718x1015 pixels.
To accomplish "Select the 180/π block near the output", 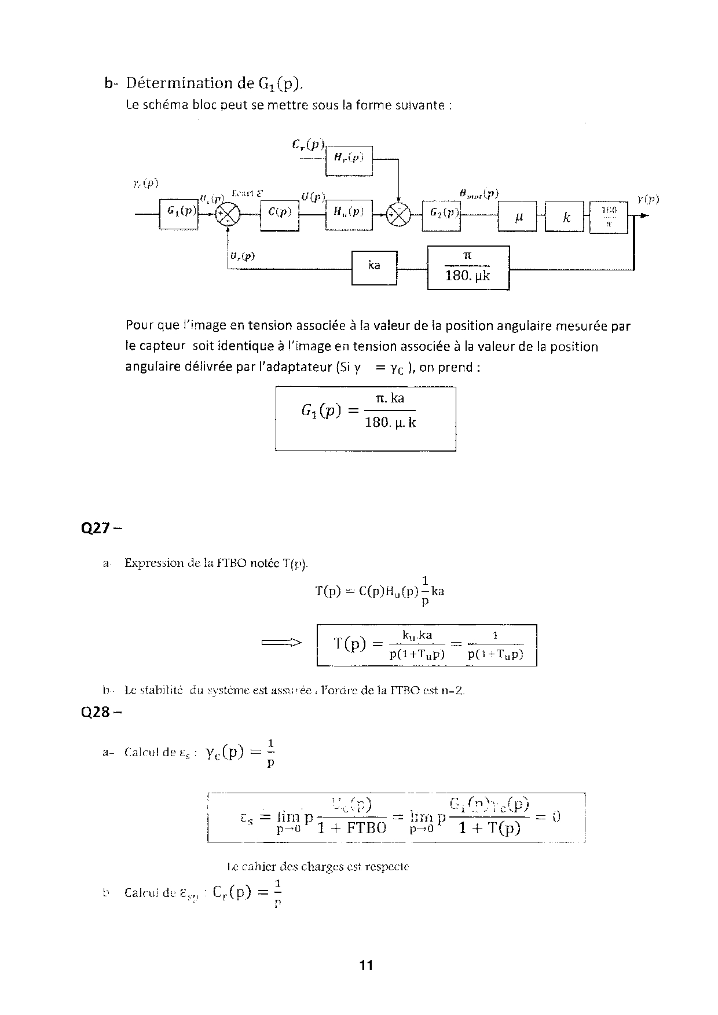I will pyautogui.click(x=608, y=217).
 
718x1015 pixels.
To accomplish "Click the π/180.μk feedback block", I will pyautogui.click(x=468, y=268).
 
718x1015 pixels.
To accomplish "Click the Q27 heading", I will pyautogui.click(x=102, y=529).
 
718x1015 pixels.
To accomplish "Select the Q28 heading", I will pyautogui.click(x=102, y=712).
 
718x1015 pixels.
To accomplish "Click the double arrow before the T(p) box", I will pyautogui.click(x=282, y=642).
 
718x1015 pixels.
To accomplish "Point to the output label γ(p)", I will pyautogui.click(x=648, y=199).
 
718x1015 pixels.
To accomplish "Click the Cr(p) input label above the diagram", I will pyautogui.click(x=309, y=144).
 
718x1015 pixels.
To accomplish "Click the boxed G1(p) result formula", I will pyautogui.click(x=365, y=419).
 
